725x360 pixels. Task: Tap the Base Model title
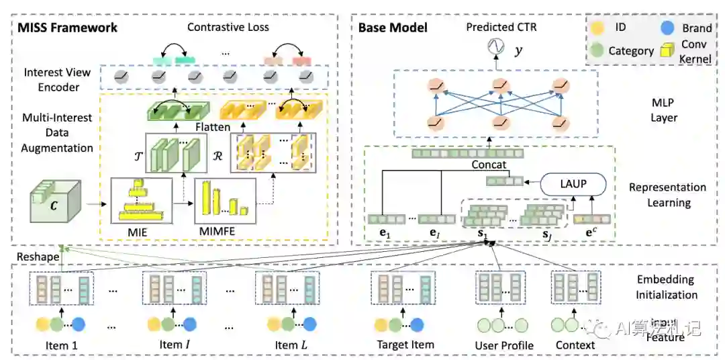[393, 28]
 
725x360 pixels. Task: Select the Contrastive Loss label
[228, 28]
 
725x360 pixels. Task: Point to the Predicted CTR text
[501, 28]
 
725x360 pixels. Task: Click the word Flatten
[213, 126]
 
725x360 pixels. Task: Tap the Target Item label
[405, 345]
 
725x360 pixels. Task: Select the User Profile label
[504, 345]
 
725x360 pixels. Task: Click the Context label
[575, 345]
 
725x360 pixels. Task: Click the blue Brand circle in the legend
[667, 28]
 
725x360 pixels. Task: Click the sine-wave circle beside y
[496, 48]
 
